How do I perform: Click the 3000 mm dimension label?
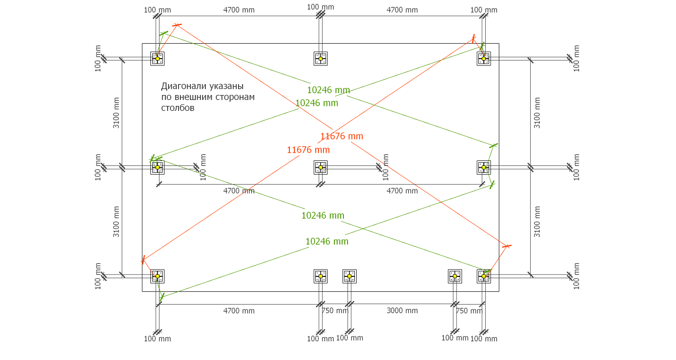[402, 310]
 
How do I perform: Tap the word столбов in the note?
[178, 108]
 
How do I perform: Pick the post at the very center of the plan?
[320, 167]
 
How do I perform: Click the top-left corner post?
[157, 59]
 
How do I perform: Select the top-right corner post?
[484, 59]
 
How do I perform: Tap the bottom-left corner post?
[157, 276]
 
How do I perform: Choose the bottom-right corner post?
[484, 276]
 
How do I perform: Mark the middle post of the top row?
[320, 59]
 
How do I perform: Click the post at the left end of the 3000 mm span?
[349, 276]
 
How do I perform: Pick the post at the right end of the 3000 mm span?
[455, 276]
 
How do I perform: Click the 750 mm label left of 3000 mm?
[335, 310]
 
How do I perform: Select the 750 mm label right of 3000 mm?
[469, 310]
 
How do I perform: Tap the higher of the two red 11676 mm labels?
[342, 136]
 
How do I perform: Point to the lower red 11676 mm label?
[308, 150]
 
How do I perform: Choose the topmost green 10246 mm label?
[328, 90]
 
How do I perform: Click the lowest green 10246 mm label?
[327, 241]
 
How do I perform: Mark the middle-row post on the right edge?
[484, 167]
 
